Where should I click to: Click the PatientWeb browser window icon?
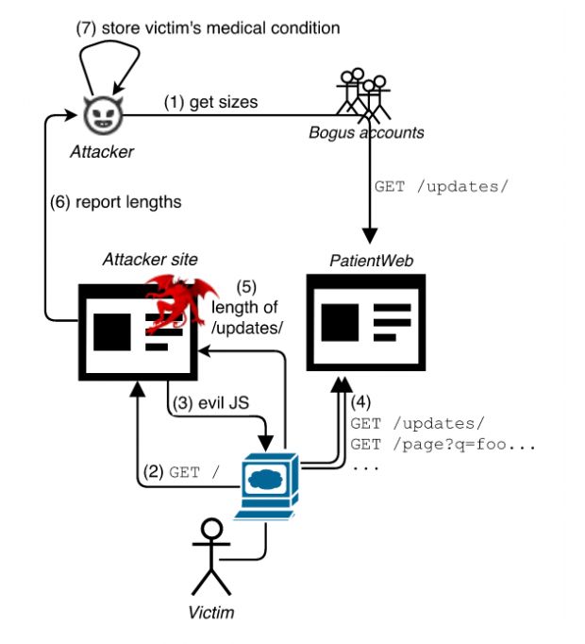tap(366, 322)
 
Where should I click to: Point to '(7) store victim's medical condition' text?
tap(208, 27)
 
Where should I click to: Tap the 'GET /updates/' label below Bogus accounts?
tap(441, 187)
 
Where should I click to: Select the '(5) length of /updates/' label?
tap(246, 308)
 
